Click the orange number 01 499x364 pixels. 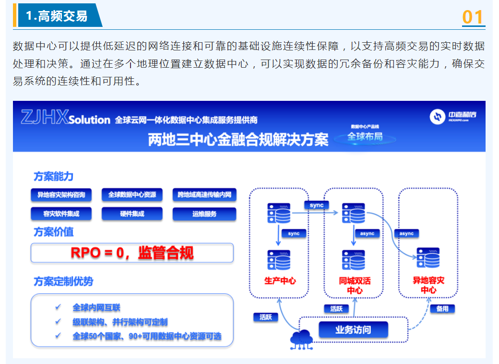(x=473, y=17)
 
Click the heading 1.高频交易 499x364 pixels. (x=57, y=16)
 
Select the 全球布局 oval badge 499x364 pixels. (x=365, y=137)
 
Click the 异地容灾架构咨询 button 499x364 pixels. (x=61, y=195)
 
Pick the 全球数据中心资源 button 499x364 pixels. (x=132, y=195)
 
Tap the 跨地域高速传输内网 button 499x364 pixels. (x=204, y=195)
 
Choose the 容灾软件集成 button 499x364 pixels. (x=61, y=214)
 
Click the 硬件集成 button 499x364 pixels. (x=132, y=214)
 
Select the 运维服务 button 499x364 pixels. (x=204, y=214)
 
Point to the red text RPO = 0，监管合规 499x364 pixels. (x=132, y=253)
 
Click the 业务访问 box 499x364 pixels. (x=353, y=330)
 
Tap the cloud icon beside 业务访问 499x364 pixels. (x=301, y=340)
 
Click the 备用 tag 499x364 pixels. (x=442, y=309)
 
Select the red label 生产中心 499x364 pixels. (x=280, y=281)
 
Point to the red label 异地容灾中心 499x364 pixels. (x=428, y=285)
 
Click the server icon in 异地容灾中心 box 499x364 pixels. (x=428, y=258)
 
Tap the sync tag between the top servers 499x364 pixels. (x=317, y=205)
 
